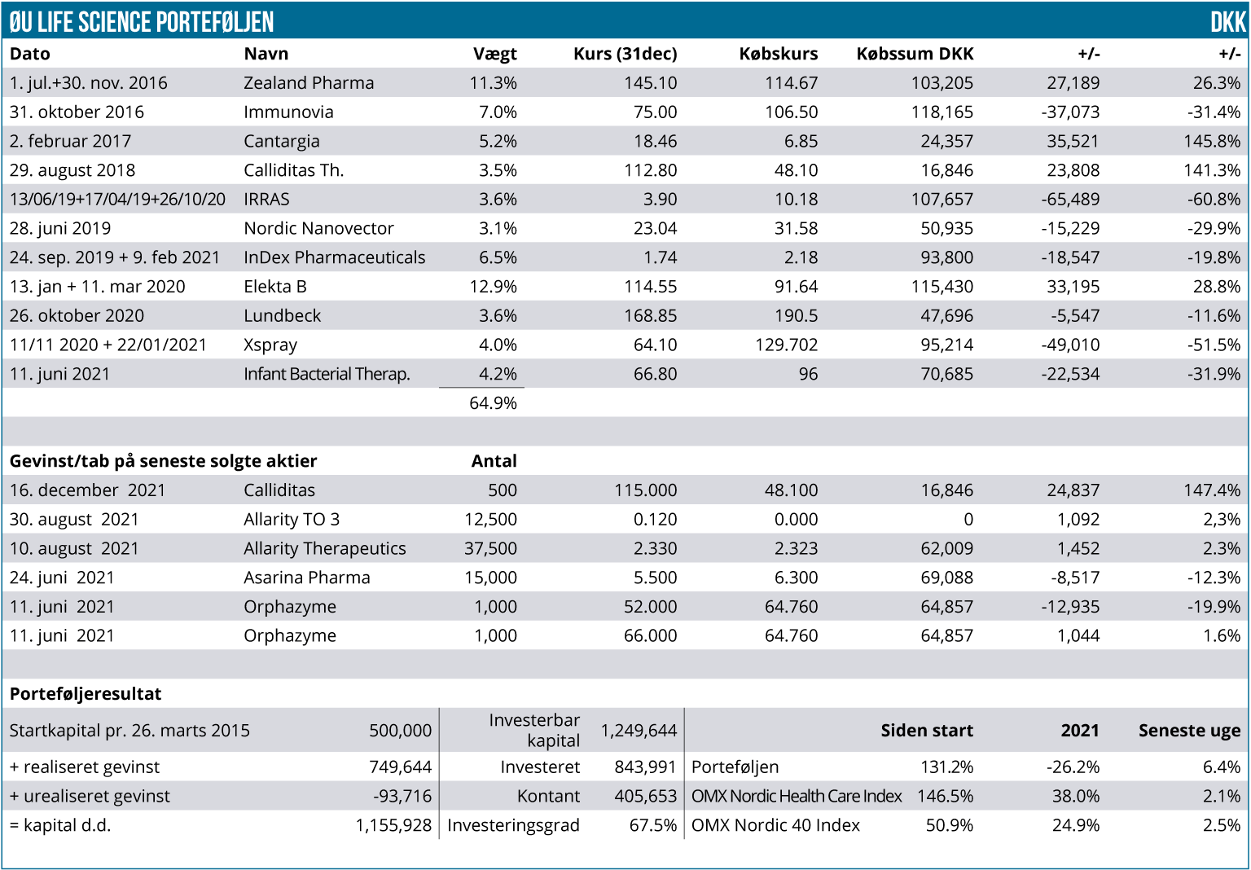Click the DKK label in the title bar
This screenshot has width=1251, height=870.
(x=1227, y=22)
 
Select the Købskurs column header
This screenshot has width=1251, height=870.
(x=778, y=54)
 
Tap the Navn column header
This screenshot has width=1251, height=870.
(x=266, y=54)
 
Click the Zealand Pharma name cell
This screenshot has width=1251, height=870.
(x=309, y=83)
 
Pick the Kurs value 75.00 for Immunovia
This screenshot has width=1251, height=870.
(x=655, y=112)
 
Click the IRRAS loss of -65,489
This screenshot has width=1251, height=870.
(x=1070, y=200)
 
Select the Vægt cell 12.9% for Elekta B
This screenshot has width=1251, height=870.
(x=493, y=287)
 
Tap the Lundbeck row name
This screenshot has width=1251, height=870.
(x=282, y=316)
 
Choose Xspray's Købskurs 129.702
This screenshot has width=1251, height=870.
(x=786, y=345)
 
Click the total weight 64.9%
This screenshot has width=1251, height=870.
(x=493, y=403)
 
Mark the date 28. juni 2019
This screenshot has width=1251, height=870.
(x=60, y=229)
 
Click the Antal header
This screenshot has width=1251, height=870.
(x=494, y=461)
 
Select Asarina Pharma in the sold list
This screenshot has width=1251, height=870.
(x=306, y=578)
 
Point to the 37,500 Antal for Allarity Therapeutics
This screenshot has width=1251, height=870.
(x=490, y=549)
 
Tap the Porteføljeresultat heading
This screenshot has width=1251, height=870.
(x=86, y=694)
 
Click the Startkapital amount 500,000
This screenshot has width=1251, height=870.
(x=400, y=731)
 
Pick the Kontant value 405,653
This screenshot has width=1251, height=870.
(x=645, y=797)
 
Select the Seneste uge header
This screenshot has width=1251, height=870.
(x=1189, y=731)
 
